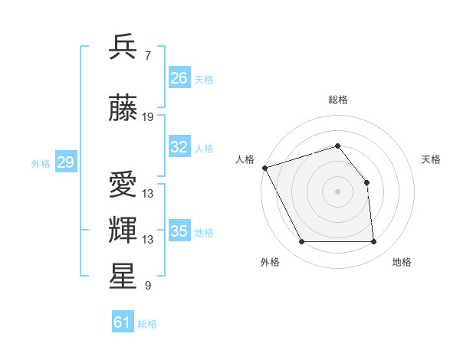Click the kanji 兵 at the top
(123, 47)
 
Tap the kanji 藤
(123, 109)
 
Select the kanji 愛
(123, 185)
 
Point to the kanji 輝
(123, 231)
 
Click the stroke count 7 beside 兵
(147, 56)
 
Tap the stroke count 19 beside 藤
(148, 117)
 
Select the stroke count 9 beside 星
(147, 286)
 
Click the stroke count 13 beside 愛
(148, 194)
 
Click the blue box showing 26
(179, 78)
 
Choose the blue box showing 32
(179, 147)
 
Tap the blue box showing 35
(179, 231)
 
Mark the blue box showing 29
(65, 162)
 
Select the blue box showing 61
(122, 322)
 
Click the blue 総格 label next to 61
(147, 324)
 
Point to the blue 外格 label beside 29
(41, 163)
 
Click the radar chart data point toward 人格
(264, 168)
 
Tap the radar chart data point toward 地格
(373, 242)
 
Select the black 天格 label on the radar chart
(431, 159)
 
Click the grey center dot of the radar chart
(337, 191)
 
